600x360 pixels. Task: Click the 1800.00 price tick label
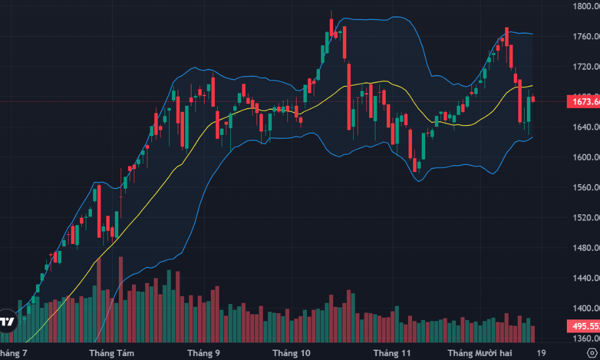[x=586, y=7]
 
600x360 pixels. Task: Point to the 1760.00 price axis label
[x=586, y=37]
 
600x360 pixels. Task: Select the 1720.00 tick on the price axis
[x=586, y=67]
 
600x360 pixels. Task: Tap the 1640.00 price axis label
[x=586, y=127]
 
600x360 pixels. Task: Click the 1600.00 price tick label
[x=586, y=157]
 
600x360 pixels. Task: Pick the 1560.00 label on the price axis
[x=586, y=187]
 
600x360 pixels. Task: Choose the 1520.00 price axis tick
[x=586, y=218]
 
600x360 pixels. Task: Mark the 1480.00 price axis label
[x=586, y=248]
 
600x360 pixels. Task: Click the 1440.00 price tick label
[x=586, y=278]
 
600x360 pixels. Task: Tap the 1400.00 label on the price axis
[x=586, y=309]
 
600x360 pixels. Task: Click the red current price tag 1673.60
[x=583, y=102]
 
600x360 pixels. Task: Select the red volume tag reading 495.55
[x=583, y=327]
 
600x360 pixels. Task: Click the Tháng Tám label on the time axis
[x=112, y=353]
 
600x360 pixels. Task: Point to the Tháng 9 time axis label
[x=203, y=353]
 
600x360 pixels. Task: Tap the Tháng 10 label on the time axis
[x=291, y=353]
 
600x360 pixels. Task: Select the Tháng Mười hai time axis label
[x=481, y=353]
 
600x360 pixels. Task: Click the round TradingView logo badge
[x=7, y=321]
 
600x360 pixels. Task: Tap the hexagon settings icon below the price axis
[x=591, y=353]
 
